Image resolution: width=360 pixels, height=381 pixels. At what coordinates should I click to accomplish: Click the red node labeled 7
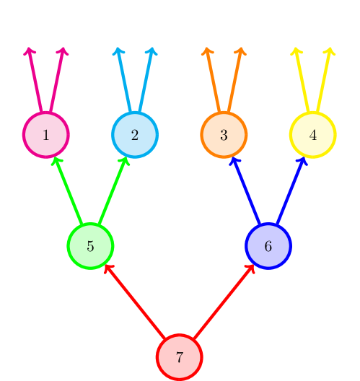180,356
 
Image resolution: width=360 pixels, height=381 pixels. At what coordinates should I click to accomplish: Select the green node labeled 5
90,245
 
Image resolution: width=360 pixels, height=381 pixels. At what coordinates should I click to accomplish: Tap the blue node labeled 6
268,245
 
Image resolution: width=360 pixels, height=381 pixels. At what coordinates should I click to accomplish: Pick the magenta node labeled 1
46,135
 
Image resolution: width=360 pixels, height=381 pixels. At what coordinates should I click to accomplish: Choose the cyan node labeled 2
135,135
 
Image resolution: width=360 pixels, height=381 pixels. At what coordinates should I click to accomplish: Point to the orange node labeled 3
224,135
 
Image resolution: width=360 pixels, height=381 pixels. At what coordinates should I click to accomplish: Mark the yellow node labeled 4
312,135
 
